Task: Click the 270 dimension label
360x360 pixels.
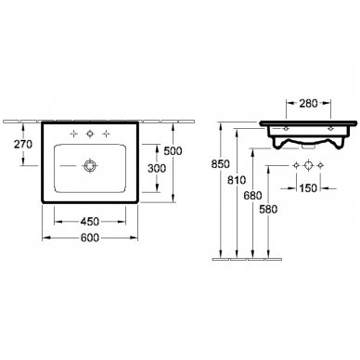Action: tap(23, 145)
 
